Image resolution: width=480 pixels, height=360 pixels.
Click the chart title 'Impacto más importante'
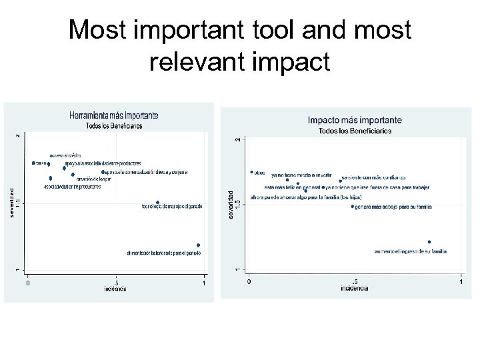point(355,121)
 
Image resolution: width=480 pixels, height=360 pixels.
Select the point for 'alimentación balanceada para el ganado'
point(199,245)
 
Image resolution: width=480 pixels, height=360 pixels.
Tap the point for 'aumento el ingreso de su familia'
point(429,242)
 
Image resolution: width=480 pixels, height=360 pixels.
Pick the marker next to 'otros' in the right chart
point(251,172)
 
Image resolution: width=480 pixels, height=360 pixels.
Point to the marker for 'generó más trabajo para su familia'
point(353,207)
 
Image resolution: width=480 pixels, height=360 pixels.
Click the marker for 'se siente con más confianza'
point(341,180)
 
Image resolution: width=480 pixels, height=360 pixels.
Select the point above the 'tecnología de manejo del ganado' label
point(157,202)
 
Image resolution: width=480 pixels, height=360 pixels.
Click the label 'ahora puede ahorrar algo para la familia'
point(298,197)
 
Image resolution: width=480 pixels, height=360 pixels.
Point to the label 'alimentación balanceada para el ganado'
point(164,253)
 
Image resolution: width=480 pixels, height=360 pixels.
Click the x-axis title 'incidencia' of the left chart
point(115,289)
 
